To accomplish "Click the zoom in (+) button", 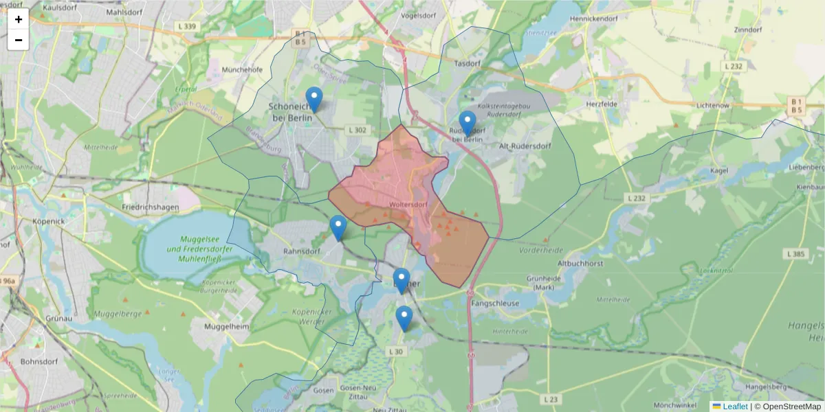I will click(x=19, y=19).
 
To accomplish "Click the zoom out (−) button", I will click(x=19, y=40).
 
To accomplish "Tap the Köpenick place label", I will click(x=48, y=222).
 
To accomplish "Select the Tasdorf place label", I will click(x=469, y=62).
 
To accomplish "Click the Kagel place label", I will click(x=736, y=170).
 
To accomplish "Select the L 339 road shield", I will click(x=186, y=27).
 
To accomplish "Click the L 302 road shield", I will click(x=357, y=130).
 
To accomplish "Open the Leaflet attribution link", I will click(x=735, y=407).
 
